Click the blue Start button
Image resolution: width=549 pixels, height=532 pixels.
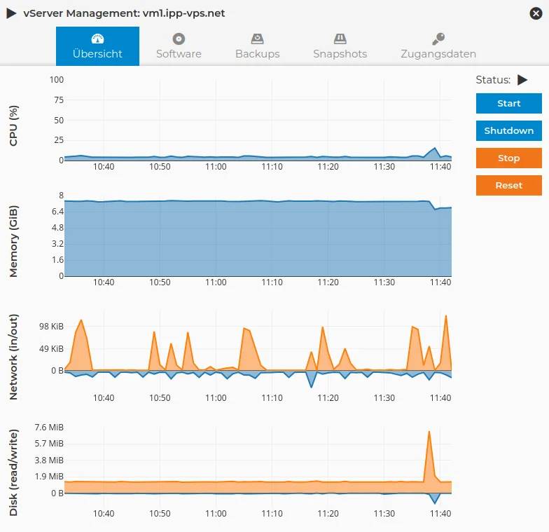(508, 104)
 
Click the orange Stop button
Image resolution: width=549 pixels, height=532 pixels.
(508, 158)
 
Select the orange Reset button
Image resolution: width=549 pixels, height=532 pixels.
(508, 186)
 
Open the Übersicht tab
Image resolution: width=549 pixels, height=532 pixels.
(97, 46)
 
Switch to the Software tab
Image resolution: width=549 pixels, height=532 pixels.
(179, 46)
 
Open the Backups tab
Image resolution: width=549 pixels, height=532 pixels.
(257, 46)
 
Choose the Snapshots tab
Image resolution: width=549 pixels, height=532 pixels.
(340, 46)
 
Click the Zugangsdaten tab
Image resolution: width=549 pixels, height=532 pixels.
(438, 46)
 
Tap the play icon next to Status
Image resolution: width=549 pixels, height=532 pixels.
(522, 80)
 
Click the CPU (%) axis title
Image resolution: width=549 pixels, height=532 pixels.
(14, 126)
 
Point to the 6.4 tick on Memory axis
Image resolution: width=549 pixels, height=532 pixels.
(57, 212)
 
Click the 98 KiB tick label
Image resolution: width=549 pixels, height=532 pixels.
(51, 327)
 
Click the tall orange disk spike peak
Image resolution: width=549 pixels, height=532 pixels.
(429, 432)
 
